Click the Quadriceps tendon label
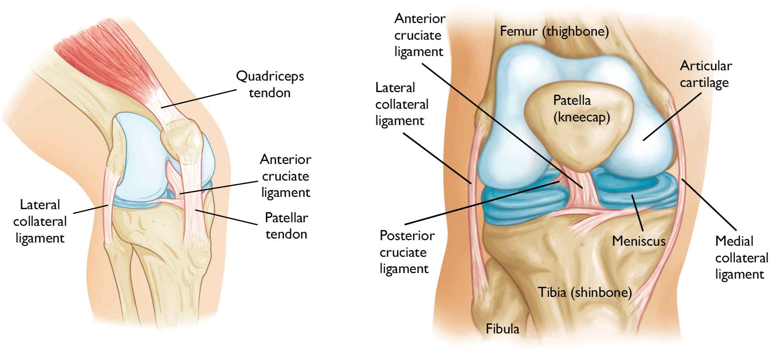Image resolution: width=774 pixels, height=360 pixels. (270, 84)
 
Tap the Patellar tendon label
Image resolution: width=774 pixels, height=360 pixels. (286, 226)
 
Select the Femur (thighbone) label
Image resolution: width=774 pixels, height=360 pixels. (554, 31)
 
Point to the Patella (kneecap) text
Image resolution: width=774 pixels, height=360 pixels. (581, 109)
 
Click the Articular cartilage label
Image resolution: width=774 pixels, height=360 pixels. (706, 74)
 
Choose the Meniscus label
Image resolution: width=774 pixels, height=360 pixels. (639, 241)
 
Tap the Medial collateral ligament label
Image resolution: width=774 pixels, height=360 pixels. (741, 258)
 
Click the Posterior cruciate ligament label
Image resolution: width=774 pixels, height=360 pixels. (407, 252)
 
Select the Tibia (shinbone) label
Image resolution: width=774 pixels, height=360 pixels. (585, 292)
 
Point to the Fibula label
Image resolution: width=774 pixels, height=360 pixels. (502, 329)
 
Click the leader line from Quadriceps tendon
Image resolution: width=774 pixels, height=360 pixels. (199, 99)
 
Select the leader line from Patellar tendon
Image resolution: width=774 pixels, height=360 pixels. (226, 217)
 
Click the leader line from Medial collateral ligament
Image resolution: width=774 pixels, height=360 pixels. (709, 205)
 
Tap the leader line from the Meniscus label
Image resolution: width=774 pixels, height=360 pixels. (637, 213)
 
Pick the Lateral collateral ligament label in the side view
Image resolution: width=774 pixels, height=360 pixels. (40, 221)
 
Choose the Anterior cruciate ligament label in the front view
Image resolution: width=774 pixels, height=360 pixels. (419, 35)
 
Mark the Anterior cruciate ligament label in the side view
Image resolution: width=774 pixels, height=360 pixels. (286, 176)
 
